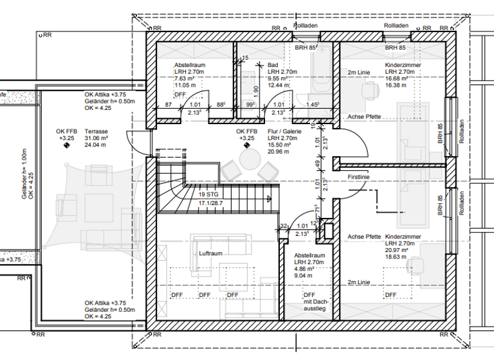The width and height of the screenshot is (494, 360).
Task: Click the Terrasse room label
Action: (x=96, y=130)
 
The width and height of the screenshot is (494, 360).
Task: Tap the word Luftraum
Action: (x=210, y=253)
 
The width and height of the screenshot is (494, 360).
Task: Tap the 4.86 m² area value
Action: (x=316, y=269)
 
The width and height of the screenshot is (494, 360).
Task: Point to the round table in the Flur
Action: (x=248, y=159)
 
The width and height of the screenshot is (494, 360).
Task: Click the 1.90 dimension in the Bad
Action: (x=257, y=89)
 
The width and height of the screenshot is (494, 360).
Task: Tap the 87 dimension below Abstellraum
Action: (x=168, y=104)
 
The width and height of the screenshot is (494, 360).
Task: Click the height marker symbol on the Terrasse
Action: (x=66, y=146)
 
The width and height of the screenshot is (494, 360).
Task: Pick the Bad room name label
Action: (x=272, y=66)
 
